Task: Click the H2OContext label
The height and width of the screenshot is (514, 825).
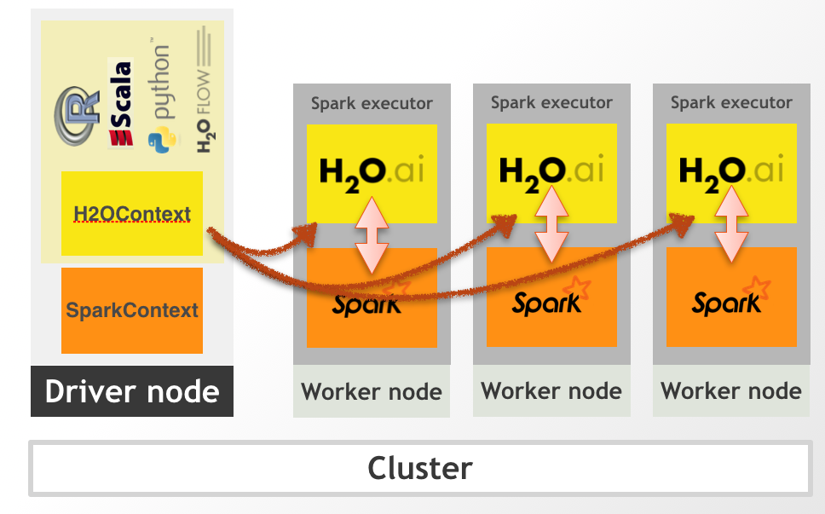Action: point(132,214)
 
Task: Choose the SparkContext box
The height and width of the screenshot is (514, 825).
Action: point(132,310)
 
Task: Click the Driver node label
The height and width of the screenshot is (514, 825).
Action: point(132,392)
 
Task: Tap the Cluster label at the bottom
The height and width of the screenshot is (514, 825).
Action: point(419,468)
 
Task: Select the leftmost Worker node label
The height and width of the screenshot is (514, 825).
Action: point(372,393)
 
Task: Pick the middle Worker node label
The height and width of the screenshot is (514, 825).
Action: point(551,391)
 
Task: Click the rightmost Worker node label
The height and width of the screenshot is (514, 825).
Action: point(731,391)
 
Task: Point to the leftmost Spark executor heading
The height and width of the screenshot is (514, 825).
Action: point(372,104)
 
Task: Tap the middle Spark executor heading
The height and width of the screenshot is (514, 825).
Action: point(551,103)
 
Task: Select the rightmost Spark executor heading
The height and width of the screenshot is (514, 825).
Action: point(731,103)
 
